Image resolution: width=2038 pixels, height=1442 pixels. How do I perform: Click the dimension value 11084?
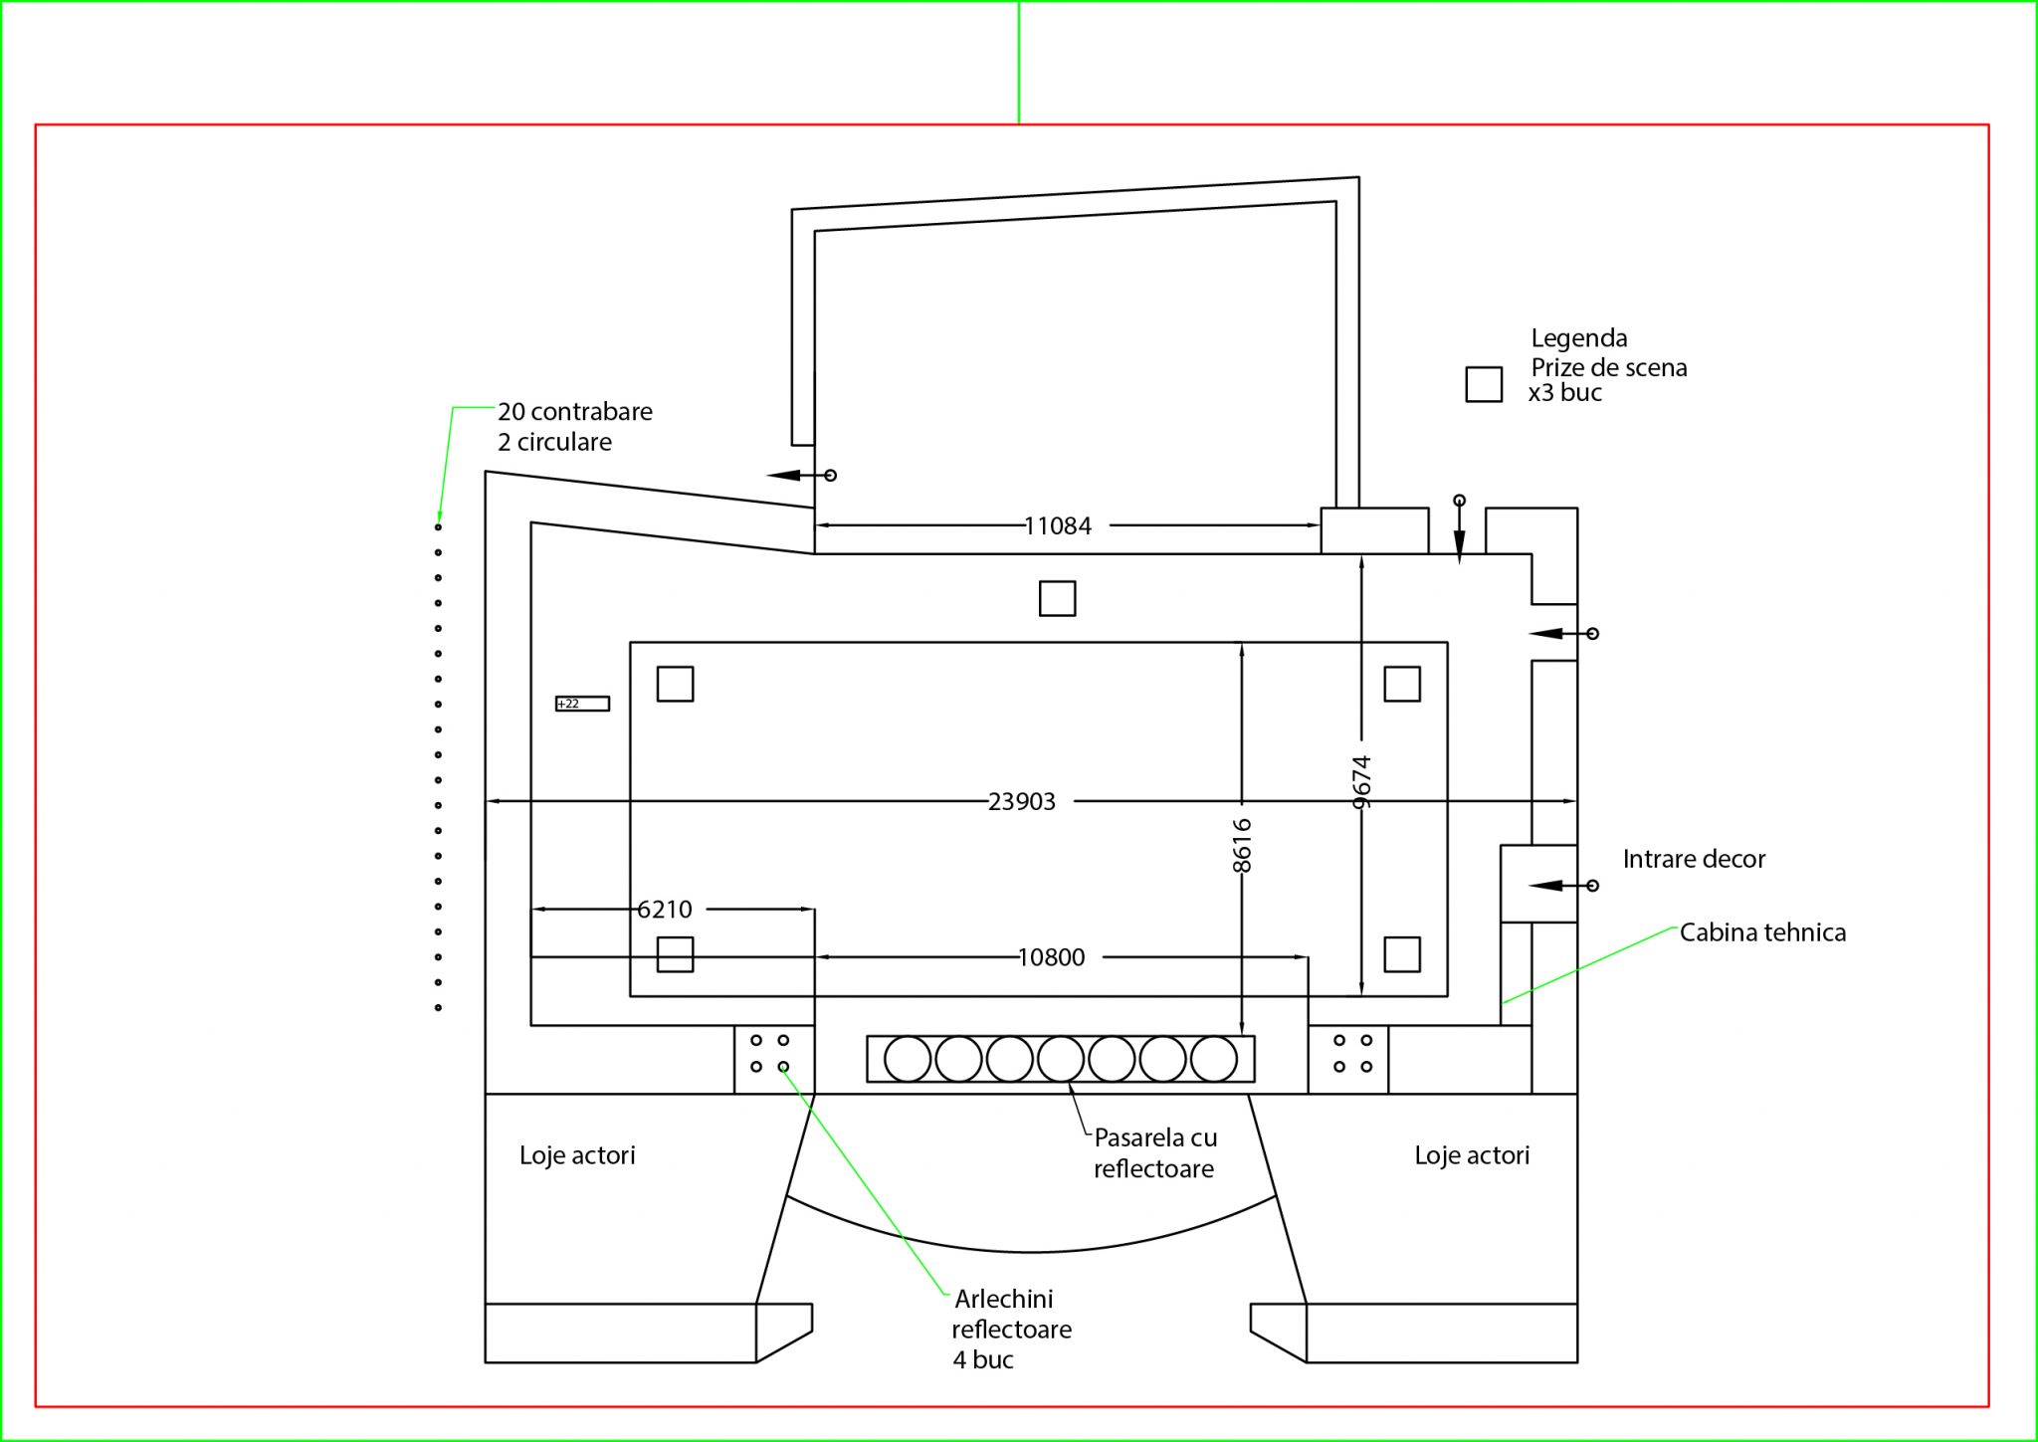pos(1058,525)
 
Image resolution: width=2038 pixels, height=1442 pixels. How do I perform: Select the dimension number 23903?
pos(1022,801)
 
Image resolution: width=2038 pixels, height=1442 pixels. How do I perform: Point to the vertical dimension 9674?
pos(1362,781)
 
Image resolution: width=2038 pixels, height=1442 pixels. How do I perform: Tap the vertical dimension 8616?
pos(1242,845)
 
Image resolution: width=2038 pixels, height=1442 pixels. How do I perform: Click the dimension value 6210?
pos(665,909)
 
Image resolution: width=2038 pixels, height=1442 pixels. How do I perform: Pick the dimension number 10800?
pos(1052,957)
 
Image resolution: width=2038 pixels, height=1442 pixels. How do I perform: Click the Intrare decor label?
pos(1694,859)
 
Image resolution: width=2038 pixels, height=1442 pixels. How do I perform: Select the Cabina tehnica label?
pos(1762,932)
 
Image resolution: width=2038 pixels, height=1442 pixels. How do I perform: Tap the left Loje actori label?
pos(577,1155)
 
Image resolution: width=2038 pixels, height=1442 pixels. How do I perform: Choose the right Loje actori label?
pos(1472,1155)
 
